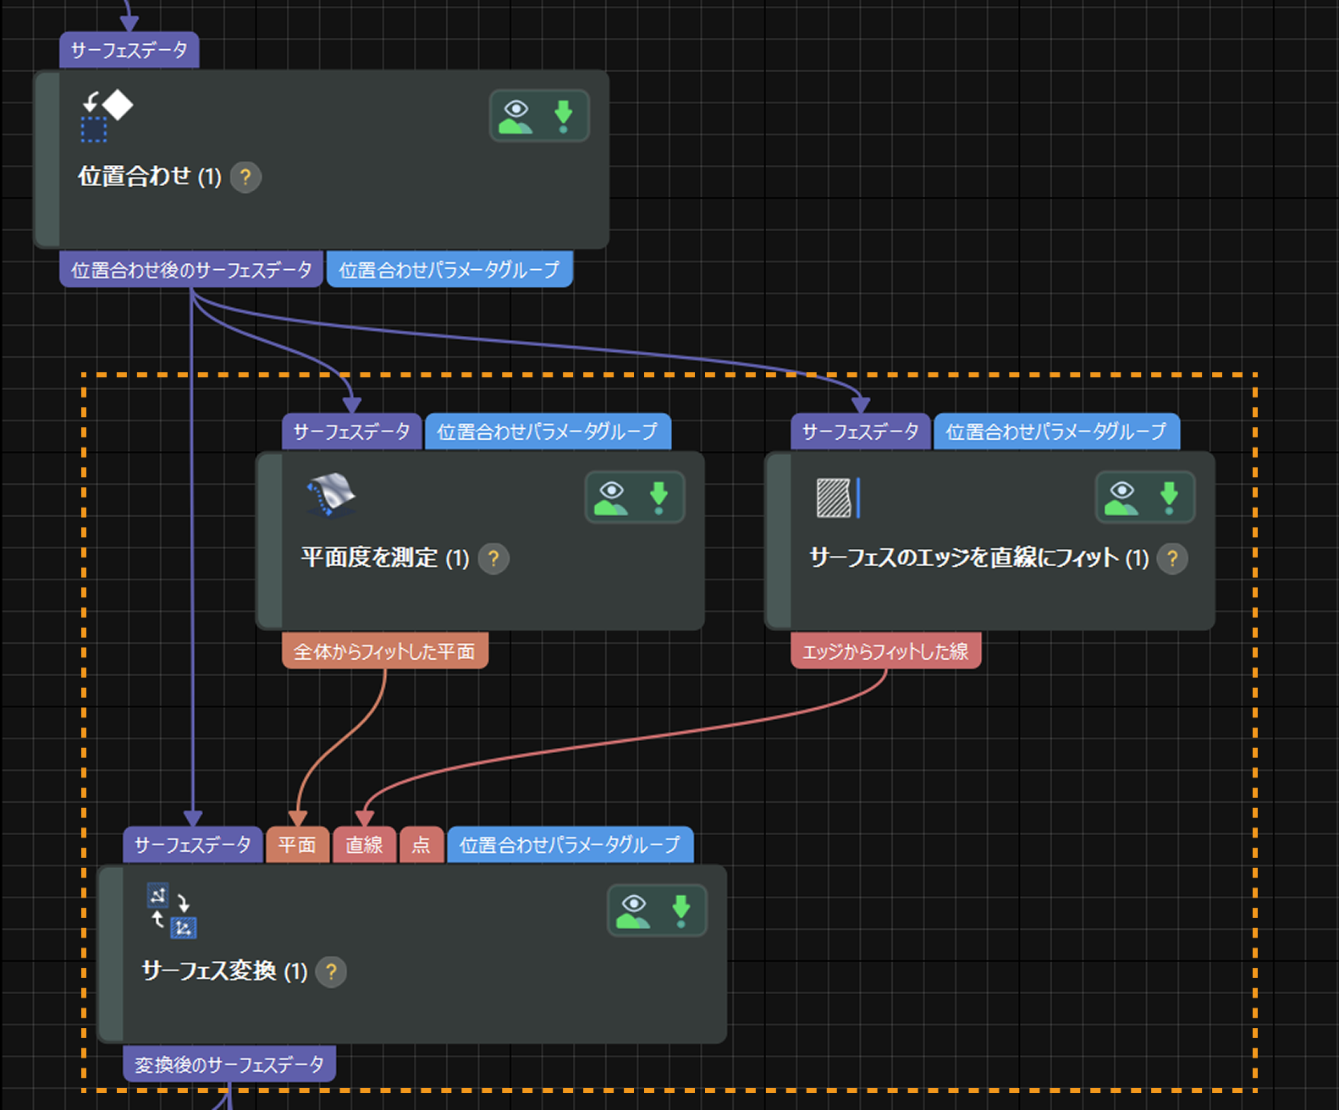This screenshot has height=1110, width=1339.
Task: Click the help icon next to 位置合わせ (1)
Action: (x=245, y=177)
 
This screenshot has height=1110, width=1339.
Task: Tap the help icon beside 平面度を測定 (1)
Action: (x=493, y=558)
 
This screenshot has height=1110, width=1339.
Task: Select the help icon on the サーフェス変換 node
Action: (x=331, y=971)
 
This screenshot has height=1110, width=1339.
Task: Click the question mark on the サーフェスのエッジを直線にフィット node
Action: (x=1172, y=558)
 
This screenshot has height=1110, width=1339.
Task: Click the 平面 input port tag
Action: (x=297, y=844)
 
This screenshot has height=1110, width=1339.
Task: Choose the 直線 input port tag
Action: (x=364, y=844)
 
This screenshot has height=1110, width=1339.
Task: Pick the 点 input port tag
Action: (x=421, y=844)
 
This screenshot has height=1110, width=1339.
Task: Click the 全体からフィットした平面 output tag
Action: (x=384, y=651)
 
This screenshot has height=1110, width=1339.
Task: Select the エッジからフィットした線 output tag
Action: (x=885, y=651)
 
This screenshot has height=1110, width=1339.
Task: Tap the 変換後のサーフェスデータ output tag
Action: (x=229, y=1064)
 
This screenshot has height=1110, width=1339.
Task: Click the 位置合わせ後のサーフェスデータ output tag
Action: (x=191, y=270)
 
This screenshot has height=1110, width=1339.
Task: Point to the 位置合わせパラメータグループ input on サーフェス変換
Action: (x=570, y=844)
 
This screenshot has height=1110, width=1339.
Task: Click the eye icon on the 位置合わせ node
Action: (x=515, y=116)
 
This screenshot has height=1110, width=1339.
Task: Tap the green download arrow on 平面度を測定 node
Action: (x=658, y=497)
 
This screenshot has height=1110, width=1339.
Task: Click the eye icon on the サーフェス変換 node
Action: (x=633, y=910)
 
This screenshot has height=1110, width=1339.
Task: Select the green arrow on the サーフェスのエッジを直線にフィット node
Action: (x=1169, y=497)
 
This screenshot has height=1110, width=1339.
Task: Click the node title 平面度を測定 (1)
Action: (x=385, y=558)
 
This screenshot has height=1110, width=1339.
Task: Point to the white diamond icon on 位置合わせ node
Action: (x=118, y=105)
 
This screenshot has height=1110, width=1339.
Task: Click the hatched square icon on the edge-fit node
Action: (x=834, y=497)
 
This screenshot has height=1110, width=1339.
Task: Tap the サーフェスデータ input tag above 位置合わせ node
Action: (x=129, y=50)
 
